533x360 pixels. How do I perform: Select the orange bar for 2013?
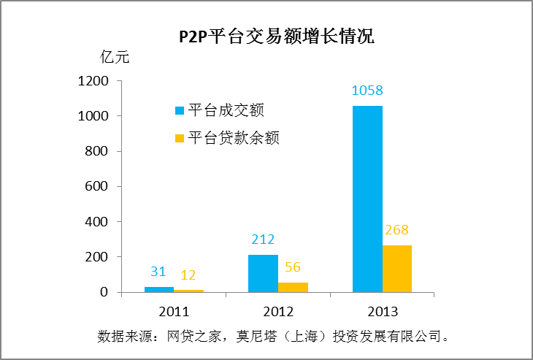397,268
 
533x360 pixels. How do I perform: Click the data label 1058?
367,91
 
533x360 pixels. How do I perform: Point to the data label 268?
397,230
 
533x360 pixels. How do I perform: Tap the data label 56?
293,267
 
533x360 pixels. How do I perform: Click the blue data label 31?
159,272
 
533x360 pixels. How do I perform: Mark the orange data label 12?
188,275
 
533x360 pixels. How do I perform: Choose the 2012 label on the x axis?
278,311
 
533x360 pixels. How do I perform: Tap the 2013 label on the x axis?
383,311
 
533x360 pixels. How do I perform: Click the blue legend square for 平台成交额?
179,111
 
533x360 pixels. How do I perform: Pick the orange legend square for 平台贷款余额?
179,137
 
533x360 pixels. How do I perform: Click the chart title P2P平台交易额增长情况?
277,37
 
